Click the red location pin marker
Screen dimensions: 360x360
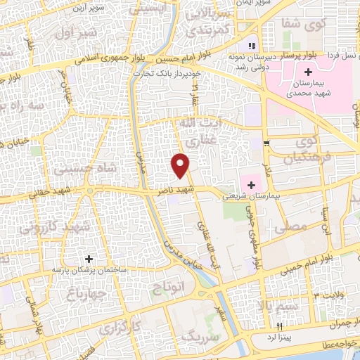(181, 165)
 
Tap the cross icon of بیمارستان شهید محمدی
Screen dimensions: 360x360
(308, 72)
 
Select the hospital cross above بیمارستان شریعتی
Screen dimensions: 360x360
(252, 184)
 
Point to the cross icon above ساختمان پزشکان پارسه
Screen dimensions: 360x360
(89, 258)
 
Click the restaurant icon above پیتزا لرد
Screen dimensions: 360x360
(279, 326)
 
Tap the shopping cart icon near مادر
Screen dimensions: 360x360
(266, 144)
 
